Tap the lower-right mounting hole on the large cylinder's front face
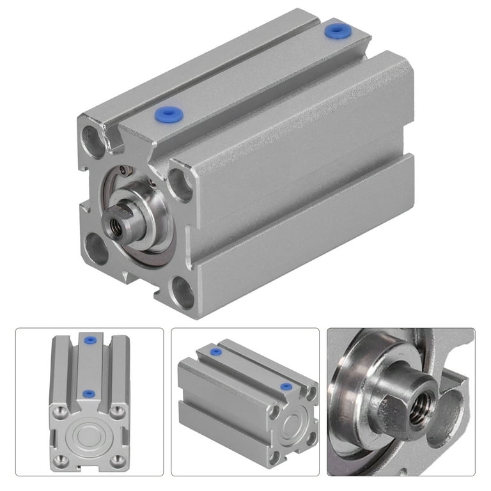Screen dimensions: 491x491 183,292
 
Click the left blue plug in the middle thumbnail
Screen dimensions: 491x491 216,352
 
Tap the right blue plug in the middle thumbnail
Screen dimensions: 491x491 285,387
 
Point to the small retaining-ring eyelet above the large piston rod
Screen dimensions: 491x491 130,169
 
